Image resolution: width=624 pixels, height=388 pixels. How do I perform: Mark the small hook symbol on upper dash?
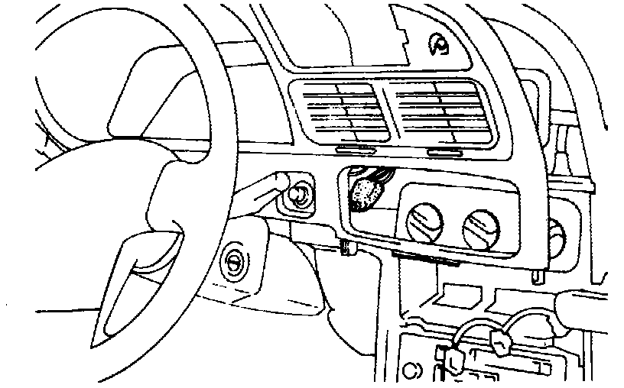pyautogui.click(x=439, y=46)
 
